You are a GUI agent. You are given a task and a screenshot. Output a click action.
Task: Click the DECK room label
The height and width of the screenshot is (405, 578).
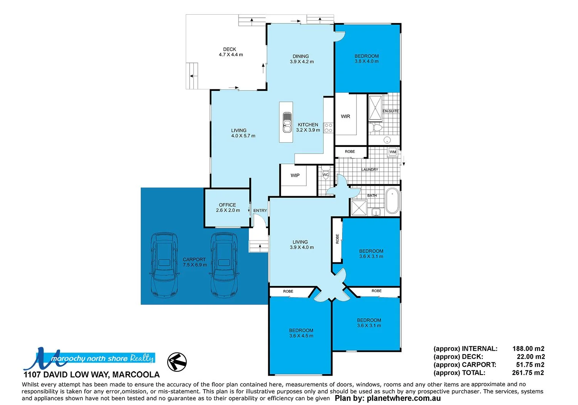[x=230, y=52]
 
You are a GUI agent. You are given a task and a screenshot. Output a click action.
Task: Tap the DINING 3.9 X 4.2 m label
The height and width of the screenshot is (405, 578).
[x=301, y=59]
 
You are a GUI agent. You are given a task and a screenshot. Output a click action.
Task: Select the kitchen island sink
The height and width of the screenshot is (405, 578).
[x=287, y=122]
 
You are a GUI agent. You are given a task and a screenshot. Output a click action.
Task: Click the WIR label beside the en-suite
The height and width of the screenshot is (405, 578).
[x=345, y=116]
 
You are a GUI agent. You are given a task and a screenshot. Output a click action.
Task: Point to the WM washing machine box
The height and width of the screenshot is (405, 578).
[x=393, y=152]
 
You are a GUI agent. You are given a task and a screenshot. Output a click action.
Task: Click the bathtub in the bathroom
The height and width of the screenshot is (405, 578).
[x=393, y=200]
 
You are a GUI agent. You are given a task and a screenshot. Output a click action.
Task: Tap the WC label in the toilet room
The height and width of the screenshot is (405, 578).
[x=326, y=175]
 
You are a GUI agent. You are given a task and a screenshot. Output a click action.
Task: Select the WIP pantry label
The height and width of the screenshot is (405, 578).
[x=295, y=175]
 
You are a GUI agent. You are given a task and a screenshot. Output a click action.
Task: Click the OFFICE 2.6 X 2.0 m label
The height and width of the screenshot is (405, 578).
[x=228, y=208]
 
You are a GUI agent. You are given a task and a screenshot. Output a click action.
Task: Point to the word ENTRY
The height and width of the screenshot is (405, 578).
[x=260, y=210]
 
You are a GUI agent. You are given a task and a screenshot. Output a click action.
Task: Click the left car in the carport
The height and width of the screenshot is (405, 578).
[x=165, y=265]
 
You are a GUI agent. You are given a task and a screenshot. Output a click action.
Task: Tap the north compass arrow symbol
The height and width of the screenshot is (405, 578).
[x=177, y=362]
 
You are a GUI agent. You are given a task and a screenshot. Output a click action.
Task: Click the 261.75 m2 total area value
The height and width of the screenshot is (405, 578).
[x=528, y=373]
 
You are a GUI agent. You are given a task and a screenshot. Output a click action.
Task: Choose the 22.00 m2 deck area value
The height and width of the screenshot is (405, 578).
[x=530, y=357]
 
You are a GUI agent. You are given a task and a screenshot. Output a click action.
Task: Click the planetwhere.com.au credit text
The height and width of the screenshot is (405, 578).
[x=387, y=398]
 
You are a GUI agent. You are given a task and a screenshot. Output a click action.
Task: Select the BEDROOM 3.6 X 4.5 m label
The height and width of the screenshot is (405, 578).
[x=301, y=333]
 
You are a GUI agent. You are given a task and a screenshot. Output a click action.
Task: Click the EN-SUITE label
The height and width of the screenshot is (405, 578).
[x=390, y=111]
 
